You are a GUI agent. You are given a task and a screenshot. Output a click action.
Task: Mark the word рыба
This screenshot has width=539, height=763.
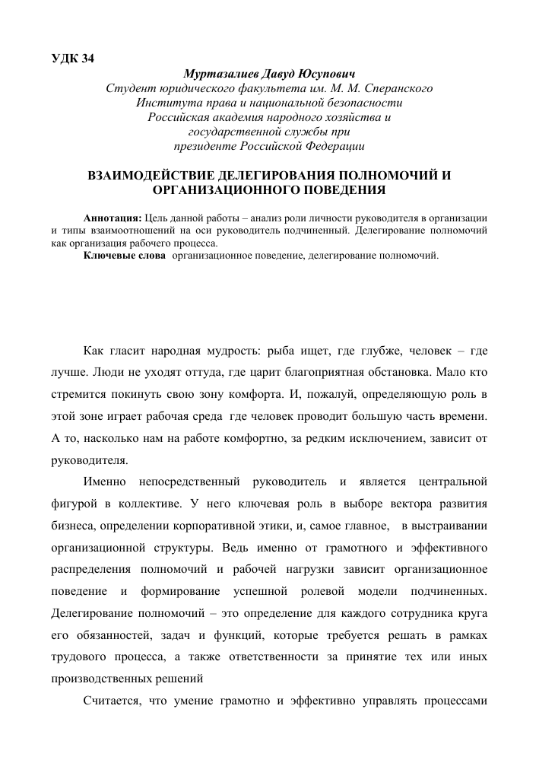click(280, 351)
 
